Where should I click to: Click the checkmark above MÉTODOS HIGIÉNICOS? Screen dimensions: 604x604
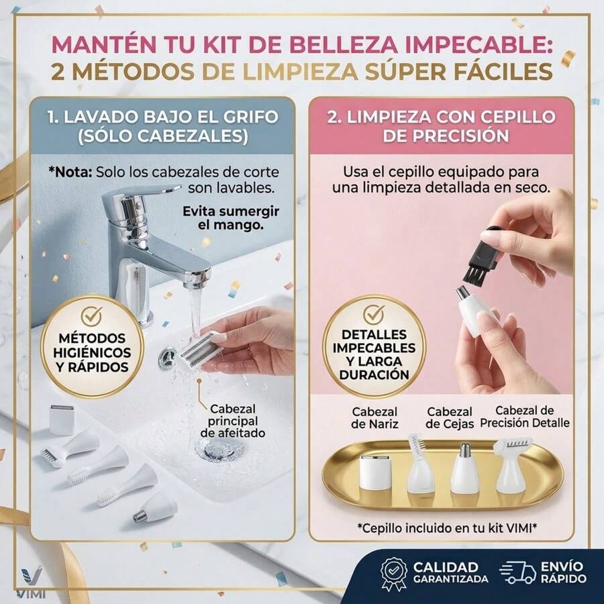91,315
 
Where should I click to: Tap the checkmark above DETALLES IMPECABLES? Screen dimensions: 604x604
374,314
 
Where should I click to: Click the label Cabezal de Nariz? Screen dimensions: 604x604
374,418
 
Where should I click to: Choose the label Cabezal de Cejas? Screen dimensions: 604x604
450,418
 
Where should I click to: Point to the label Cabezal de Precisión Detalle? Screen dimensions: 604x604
524,417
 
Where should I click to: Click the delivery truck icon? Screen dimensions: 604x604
517,572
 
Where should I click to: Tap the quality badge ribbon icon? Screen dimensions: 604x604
394,574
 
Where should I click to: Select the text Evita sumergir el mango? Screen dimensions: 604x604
231,218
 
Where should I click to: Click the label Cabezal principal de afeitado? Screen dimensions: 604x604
233,421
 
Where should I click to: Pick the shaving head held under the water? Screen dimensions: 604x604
197,350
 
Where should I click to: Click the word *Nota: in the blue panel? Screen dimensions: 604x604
70,172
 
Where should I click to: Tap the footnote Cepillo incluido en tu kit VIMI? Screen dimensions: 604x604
447,527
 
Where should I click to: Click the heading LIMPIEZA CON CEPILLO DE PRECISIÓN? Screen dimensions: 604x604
442,126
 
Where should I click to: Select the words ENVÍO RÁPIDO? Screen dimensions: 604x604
564,572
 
